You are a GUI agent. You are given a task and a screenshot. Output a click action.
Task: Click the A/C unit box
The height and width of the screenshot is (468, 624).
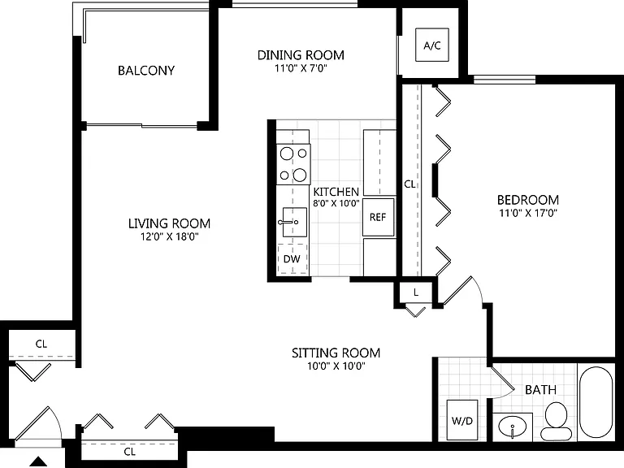pyautogui.click(x=432, y=45)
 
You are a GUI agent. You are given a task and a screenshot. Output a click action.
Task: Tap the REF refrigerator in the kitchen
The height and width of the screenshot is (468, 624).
pyautogui.click(x=378, y=217)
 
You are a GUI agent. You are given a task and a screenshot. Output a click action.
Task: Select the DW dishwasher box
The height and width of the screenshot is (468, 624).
pyautogui.click(x=292, y=259)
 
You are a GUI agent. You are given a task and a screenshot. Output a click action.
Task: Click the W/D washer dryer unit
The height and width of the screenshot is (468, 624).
pyautogui.click(x=462, y=420)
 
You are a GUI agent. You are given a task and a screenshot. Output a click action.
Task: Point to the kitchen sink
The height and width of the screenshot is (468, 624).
pyautogui.click(x=294, y=222)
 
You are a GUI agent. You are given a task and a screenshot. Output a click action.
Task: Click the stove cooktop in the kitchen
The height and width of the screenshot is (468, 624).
pyautogui.click(x=293, y=164)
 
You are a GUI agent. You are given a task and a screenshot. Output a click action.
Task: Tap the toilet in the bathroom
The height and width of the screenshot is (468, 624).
pyautogui.click(x=556, y=421)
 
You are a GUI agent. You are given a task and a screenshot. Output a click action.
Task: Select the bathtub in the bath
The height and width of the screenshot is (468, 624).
pyautogui.click(x=596, y=402)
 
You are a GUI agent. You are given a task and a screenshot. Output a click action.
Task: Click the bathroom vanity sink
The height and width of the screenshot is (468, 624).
pyautogui.click(x=512, y=427)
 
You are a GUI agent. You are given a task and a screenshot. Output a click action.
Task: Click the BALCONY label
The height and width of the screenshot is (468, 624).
pyautogui.click(x=146, y=71)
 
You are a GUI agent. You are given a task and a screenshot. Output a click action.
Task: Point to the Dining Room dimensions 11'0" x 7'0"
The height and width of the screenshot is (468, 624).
pyautogui.click(x=301, y=68)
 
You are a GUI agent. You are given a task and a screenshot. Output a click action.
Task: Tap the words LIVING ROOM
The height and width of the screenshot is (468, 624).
pyautogui.click(x=169, y=223)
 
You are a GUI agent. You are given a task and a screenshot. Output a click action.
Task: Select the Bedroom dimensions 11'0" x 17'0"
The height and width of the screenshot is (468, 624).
pyautogui.click(x=527, y=213)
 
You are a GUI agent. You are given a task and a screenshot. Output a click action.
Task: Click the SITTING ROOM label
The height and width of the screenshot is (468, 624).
pyautogui.click(x=336, y=353)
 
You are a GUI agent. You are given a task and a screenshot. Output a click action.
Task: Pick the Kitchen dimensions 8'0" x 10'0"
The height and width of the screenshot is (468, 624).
pyautogui.click(x=336, y=203)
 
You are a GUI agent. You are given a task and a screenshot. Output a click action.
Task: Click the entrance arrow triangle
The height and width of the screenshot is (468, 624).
pyautogui.click(x=39, y=461)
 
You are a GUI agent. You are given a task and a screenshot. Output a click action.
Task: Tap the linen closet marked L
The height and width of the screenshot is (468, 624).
pyautogui.click(x=416, y=292)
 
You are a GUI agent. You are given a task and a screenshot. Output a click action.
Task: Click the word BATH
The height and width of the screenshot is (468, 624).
pyautogui.click(x=540, y=390)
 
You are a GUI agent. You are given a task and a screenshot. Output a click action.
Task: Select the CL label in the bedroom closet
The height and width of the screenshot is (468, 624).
pyautogui.click(x=409, y=184)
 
